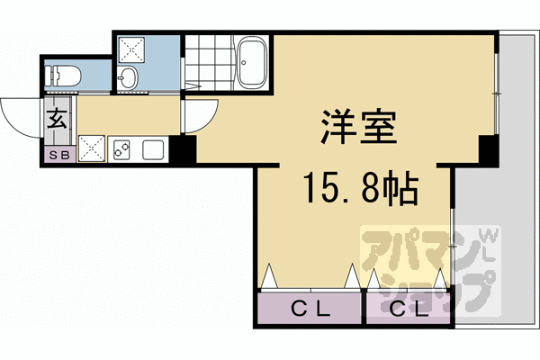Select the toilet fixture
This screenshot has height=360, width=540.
(63, 76)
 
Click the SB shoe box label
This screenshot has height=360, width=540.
(58, 154)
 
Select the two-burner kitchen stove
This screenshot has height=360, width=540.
(122, 148)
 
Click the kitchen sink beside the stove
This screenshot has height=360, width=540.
(150, 149)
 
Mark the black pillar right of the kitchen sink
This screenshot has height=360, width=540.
(185, 150)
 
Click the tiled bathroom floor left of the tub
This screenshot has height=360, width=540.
(207, 58)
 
